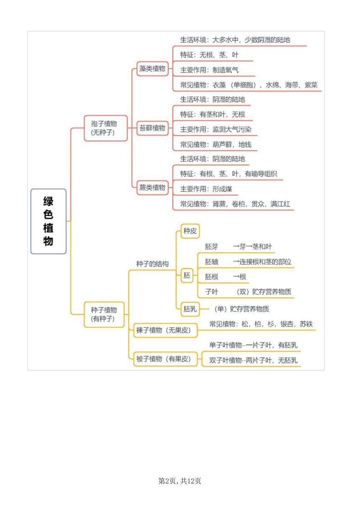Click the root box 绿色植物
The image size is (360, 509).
click(49, 221)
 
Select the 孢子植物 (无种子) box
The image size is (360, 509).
click(105, 128)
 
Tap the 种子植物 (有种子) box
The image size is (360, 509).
click(104, 314)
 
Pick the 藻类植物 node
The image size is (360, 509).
click(152, 68)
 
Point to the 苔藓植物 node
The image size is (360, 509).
click(152, 128)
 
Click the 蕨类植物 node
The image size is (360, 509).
click(152, 188)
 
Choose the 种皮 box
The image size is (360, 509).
click(190, 231)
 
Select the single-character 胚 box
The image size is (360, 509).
click(187, 275)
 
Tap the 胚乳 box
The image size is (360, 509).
click(190, 309)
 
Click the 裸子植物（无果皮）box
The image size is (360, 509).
click(165, 330)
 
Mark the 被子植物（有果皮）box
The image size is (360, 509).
click(165, 359)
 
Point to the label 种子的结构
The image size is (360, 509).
click(152, 264)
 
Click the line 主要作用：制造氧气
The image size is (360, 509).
click(209, 70)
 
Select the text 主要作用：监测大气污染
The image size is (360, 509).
click(216, 129)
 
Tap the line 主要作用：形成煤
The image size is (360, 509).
click(206, 189)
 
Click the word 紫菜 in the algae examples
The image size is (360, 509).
click(311, 85)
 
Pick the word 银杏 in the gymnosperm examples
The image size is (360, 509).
click(287, 324)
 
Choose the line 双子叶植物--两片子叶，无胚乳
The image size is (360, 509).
click(253, 360)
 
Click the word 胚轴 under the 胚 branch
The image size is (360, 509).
click(211, 262)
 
